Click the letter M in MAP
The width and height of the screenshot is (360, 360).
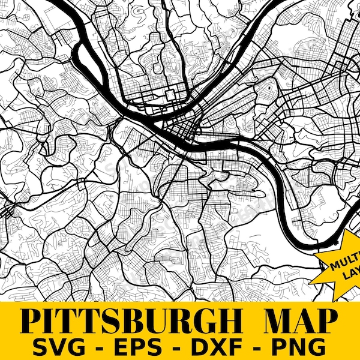point(275,321)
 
